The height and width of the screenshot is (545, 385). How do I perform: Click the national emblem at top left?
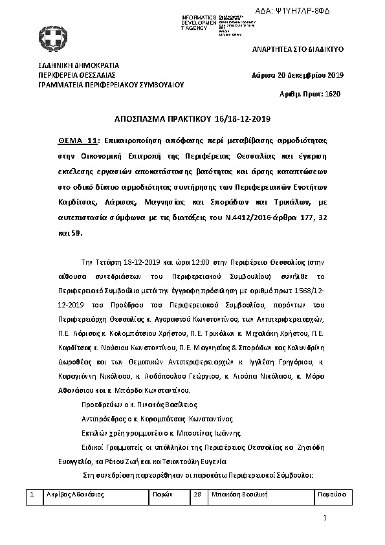pyautogui.click(x=49, y=37)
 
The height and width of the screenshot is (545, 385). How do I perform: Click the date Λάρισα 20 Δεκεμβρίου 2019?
pyautogui.click(x=298, y=75)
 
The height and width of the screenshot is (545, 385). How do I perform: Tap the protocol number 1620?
pyautogui.click(x=333, y=94)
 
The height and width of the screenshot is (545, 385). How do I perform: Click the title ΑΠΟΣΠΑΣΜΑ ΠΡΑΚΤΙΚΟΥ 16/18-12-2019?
pyautogui.click(x=192, y=119)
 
